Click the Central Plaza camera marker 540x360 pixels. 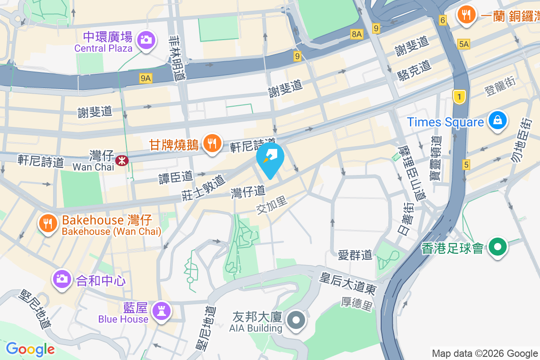[x=145, y=39]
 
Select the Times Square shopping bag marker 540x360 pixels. [x=498, y=121]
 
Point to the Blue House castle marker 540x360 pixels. [x=160, y=310]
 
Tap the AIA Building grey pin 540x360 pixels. [x=296, y=321]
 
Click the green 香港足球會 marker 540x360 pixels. [x=498, y=247]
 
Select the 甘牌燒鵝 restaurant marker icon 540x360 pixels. [x=211, y=143]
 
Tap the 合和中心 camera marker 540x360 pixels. [x=62, y=279]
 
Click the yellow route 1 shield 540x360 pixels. [x=459, y=96]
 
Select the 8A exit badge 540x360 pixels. [x=357, y=34]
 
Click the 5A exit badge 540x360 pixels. [x=463, y=44]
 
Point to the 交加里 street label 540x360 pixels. [x=272, y=206]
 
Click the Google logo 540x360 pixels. [x=30, y=349]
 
